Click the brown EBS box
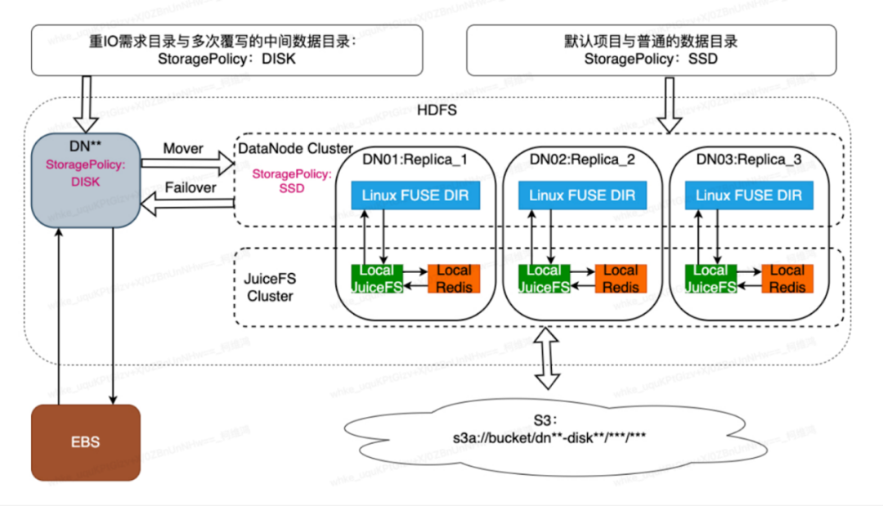[85, 442]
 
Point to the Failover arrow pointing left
[187, 202]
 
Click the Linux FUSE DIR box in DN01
[415, 196]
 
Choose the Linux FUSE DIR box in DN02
[582, 196]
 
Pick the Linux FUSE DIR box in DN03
[749, 196]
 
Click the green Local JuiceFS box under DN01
[377, 278]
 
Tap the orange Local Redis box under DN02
[621, 278]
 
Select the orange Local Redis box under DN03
[787, 278]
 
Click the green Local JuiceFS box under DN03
[710, 278]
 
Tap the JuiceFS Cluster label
[270, 287]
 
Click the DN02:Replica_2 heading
[582, 159]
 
